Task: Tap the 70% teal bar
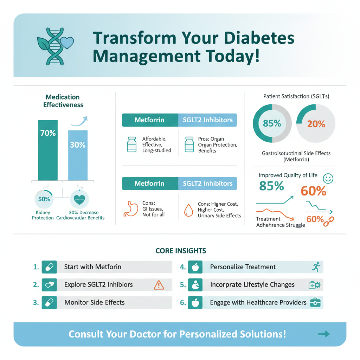click(48, 150)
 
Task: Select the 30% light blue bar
click(78, 155)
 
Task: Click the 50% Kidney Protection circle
click(44, 199)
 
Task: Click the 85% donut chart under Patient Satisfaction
click(272, 123)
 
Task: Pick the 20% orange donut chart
click(316, 123)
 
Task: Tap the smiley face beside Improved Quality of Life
click(328, 178)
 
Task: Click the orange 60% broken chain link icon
click(329, 220)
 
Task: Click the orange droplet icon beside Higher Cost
click(188, 210)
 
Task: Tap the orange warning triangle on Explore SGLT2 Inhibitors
click(159, 284)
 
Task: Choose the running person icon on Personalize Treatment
click(316, 267)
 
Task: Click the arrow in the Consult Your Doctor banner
click(323, 334)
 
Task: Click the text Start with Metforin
click(92, 267)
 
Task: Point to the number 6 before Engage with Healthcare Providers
click(183, 302)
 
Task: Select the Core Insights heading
click(181, 251)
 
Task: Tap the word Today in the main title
click(237, 57)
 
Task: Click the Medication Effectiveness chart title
click(63, 101)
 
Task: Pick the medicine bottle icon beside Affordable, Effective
click(131, 144)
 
